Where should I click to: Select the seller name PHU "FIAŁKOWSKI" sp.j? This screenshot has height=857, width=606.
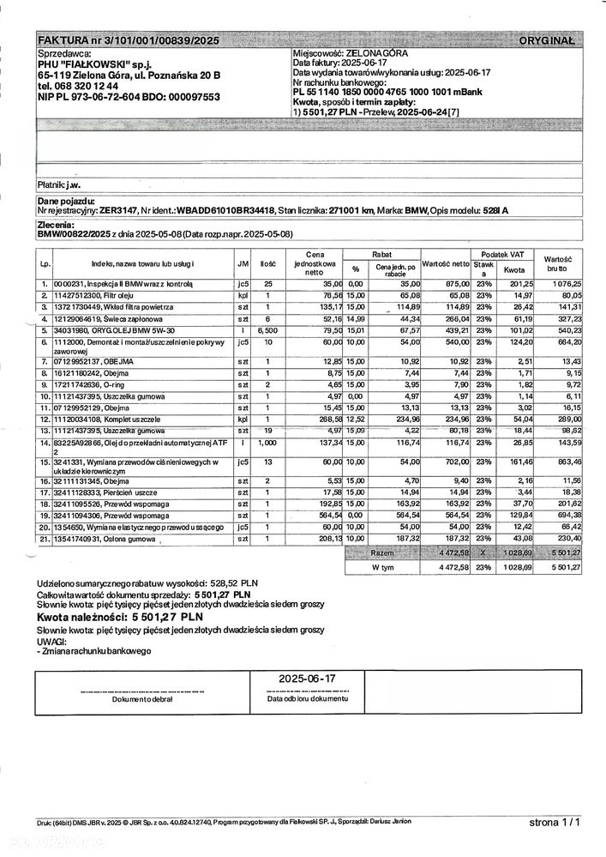[93, 64]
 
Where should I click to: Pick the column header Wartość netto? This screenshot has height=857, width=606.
[446, 264]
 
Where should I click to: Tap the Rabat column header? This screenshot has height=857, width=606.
[382, 254]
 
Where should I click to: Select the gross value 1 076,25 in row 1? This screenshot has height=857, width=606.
[566, 283]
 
